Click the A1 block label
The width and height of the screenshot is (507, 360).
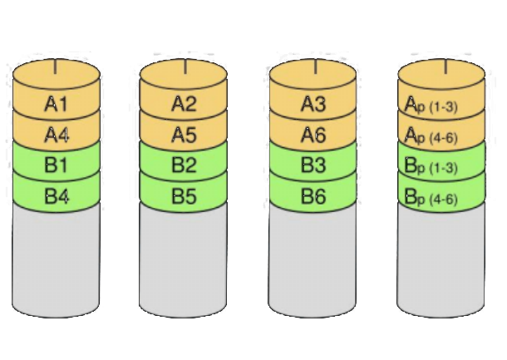coord(57,105)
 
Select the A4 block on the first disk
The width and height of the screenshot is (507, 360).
coord(57,135)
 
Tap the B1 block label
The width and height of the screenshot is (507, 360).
coord(57,165)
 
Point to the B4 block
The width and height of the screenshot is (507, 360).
coord(57,197)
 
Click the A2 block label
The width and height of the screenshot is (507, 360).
coord(184,105)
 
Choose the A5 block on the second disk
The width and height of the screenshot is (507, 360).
coord(184,135)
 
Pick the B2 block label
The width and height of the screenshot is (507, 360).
coord(184,165)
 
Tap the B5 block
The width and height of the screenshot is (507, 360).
coord(184,197)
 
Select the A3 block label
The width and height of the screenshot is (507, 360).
coord(313,105)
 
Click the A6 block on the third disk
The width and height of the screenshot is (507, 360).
coord(313,135)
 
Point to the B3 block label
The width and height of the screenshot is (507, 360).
coord(313,165)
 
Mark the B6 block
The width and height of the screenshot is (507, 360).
coord(313,197)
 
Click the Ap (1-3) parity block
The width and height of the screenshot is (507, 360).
coord(441,106)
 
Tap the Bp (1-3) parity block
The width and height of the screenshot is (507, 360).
coord(441,167)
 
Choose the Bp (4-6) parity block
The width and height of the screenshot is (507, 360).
coord(441,199)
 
